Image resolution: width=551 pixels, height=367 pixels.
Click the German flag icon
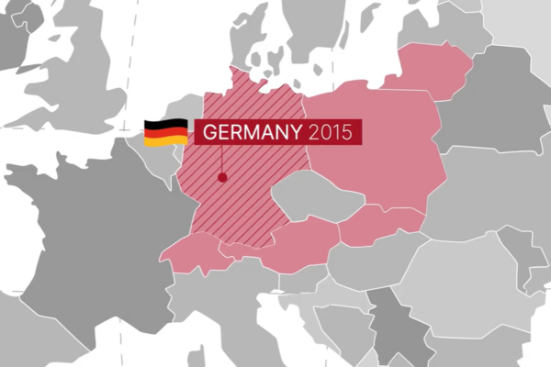tap(165, 132)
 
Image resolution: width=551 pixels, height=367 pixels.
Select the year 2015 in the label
tap(330, 132)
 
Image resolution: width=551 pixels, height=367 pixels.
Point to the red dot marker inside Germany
tap(221, 177)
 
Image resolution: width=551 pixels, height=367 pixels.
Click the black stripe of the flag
tap(165, 123)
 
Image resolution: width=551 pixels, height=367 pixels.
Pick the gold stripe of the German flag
tap(165, 141)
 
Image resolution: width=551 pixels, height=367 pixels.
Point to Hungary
tap(367, 261)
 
